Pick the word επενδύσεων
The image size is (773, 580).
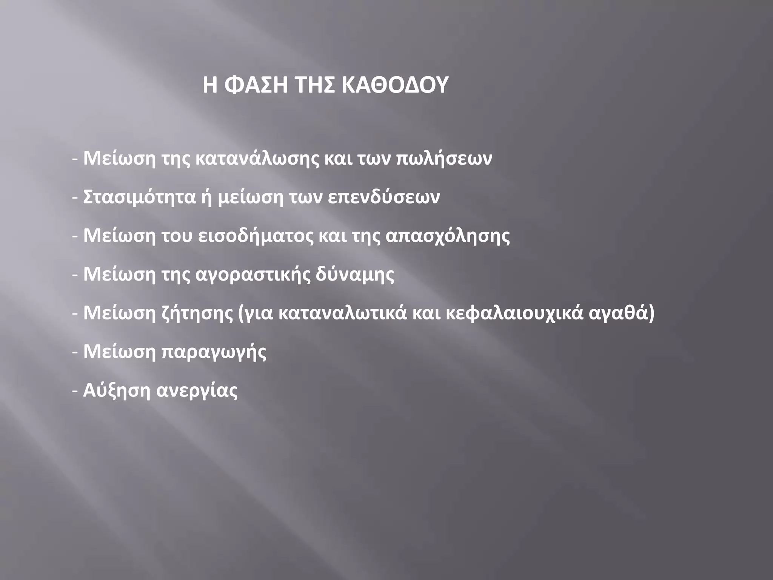coord(383,197)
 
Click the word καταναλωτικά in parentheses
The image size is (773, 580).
coord(342,313)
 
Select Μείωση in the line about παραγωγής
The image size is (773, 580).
coord(119,352)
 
